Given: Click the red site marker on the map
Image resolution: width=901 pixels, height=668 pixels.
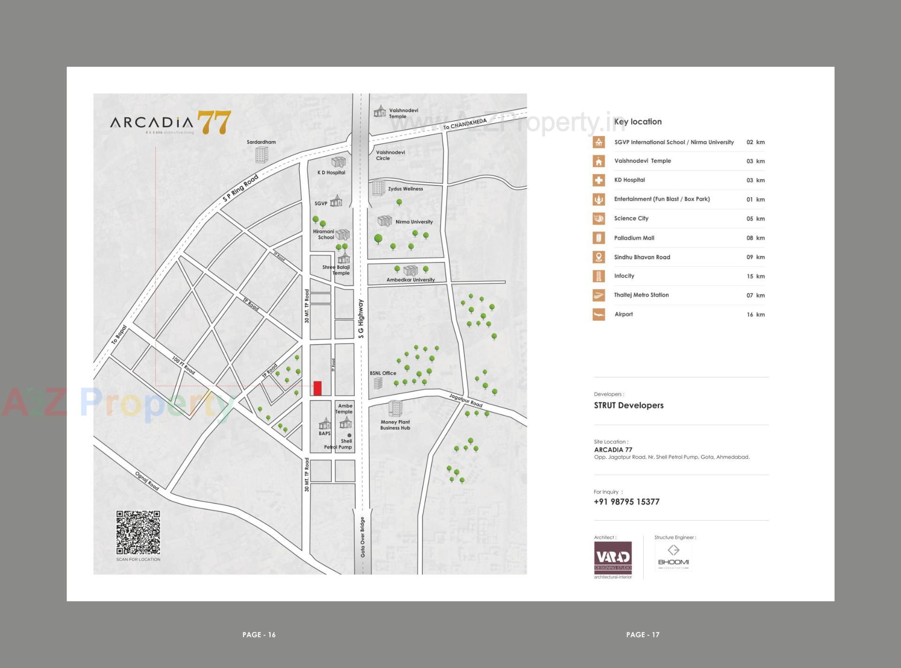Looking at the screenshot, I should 318,388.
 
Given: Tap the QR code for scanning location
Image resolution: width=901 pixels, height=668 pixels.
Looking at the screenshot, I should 138,532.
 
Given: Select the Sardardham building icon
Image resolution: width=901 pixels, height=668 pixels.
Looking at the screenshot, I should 261,154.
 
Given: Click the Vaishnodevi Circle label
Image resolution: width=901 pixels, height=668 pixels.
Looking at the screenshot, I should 390,155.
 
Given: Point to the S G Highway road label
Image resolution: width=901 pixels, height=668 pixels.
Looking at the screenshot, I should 360,319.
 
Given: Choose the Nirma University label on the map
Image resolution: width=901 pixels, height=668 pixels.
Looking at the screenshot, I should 414,222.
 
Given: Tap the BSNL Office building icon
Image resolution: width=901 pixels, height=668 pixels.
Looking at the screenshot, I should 378,384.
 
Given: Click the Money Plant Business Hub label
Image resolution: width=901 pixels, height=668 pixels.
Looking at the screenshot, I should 395,425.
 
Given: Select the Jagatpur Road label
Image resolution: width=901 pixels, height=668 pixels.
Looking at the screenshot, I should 466,400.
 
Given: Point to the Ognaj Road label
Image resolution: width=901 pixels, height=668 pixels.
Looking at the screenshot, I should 147,481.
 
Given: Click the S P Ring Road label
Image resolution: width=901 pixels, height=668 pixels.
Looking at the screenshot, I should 240,188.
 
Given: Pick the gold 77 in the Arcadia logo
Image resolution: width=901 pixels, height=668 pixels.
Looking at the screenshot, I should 214,123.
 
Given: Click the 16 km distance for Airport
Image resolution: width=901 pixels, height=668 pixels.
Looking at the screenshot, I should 756,315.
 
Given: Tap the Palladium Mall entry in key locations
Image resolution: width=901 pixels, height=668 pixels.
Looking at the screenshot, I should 634,238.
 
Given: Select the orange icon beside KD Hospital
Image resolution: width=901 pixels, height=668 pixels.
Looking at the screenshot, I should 599,180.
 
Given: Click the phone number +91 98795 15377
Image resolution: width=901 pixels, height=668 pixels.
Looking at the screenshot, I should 626,502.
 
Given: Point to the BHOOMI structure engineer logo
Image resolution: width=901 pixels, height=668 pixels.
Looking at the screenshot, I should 673,557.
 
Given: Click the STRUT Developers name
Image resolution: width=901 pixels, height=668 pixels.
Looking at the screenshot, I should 629,406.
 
